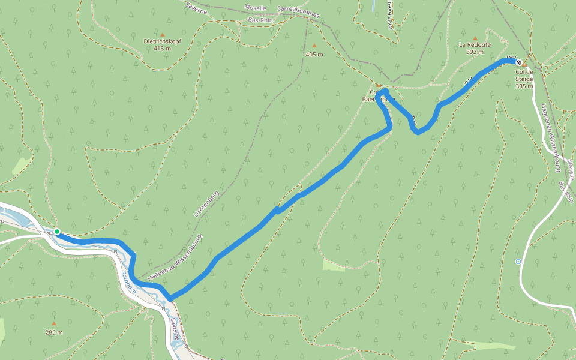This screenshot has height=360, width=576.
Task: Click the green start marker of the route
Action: click(56, 231)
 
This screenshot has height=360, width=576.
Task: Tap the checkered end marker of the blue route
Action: click(519, 62)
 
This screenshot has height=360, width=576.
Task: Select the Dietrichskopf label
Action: click(162, 41)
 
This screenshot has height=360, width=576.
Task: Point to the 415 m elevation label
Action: click(162, 48)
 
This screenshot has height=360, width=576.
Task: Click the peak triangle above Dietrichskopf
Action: click(162, 34)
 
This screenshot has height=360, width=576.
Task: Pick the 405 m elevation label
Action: click(314, 55)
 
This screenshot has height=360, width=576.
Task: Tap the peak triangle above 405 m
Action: click(314, 46)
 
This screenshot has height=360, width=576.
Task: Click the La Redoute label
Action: click(475, 44)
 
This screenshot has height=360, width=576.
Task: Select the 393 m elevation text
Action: click(475, 52)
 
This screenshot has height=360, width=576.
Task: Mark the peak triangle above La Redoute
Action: click(475, 38)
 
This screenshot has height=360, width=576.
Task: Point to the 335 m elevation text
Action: click(524, 86)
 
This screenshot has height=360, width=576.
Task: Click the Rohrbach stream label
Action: click(129, 282)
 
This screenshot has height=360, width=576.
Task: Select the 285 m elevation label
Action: click(53, 332)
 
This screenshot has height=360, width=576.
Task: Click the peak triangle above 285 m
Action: click(53, 323)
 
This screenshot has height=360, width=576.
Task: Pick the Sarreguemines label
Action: click(299, 12)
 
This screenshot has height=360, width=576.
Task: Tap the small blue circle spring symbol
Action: click(518, 261)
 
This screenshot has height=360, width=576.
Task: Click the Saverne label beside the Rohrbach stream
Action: click(175, 329)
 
